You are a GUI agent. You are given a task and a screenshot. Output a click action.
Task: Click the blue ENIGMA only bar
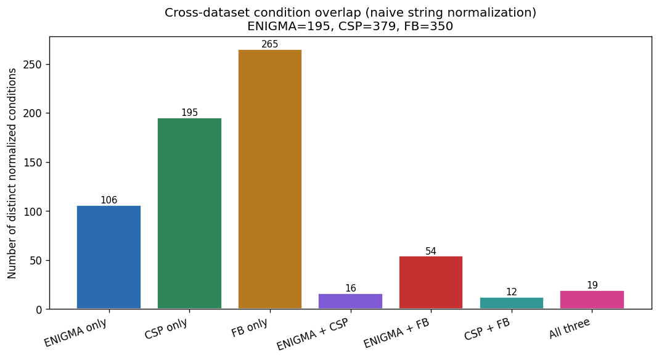click(109, 257)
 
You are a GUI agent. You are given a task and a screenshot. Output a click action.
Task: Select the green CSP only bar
click(189, 213)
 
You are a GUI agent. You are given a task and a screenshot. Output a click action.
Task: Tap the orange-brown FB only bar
click(270, 179)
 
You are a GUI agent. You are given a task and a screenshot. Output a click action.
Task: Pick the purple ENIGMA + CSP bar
click(351, 301)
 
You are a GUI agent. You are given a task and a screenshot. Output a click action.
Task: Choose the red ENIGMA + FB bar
click(431, 283)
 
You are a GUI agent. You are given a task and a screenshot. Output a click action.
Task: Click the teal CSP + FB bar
click(512, 303)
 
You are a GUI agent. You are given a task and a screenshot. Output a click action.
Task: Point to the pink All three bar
click(592, 300)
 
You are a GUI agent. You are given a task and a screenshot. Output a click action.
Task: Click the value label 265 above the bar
click(270, 44)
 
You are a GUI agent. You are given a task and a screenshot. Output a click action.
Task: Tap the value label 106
click(109, 200)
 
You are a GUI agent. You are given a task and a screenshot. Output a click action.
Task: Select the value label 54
click(431, 252)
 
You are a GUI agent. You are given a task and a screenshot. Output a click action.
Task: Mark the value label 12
click(512, 292)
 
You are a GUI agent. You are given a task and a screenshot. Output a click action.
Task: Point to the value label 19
click(592, 285)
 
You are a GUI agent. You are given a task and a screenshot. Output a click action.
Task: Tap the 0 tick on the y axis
click(39, 309)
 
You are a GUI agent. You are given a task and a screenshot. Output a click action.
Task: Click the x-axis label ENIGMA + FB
click(397, 333)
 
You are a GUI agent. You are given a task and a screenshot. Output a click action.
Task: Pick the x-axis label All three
click(570, 329)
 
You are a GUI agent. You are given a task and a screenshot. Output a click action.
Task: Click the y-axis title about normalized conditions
click(12, 173)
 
